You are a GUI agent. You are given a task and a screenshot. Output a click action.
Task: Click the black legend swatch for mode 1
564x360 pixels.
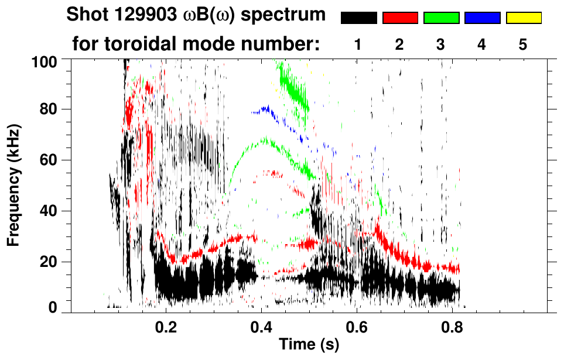pyautogui.click(x=358, y=18)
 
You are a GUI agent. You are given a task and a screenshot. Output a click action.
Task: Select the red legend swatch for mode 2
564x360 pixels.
pyautogui.click(x=399, y=18)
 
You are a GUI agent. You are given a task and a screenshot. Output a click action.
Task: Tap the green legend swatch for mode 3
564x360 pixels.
pyautogui.click(x=440, y=18)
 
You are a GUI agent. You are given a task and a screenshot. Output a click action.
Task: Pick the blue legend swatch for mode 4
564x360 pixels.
pyautogui.click(x=482, y=18)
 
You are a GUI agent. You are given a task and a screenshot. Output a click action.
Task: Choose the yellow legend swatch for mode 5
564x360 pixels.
pyautogui.click(x=523, y=18)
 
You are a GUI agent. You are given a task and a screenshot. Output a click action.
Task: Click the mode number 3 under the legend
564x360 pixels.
pyautogui.click(x=440, y=44)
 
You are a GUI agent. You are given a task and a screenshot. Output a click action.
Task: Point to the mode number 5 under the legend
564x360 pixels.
pyautogui.click(x=523, y=44)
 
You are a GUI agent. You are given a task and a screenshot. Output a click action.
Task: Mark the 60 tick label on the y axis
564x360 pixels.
pyautogui.click(x=47, y=160)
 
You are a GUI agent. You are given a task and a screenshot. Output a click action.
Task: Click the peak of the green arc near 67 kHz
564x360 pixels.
pyautogui.click(x=266, y=139)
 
